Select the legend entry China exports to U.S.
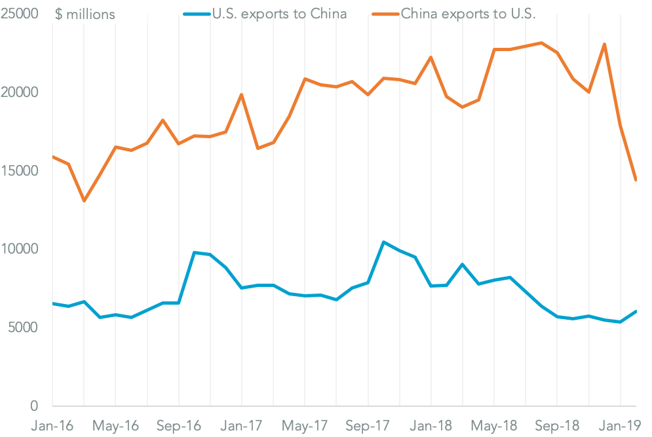point(468,14)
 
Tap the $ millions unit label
point(85,14)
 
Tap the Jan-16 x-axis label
point(53,425)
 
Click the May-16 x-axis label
point(115,425)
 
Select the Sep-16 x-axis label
point(178,425)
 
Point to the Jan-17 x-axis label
point(242,425)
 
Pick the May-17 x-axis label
point(305,425)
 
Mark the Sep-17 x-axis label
point(368,425)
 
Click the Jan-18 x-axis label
point(431,425)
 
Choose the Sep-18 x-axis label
point(557,425)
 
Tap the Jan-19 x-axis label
point(621,425)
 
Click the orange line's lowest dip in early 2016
point(84,200)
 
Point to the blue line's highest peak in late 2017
point(383,242)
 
